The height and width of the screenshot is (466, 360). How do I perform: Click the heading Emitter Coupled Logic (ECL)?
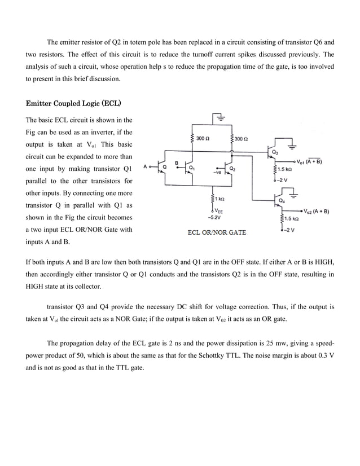pos(74,104)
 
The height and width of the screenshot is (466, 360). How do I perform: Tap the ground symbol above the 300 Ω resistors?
pos(218,118)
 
